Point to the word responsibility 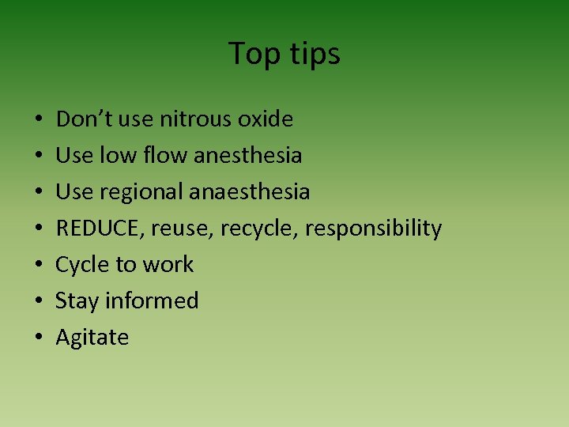[373, 229]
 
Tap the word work [168, 265]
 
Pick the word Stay [77, 301]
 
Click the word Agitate [92, 338]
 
